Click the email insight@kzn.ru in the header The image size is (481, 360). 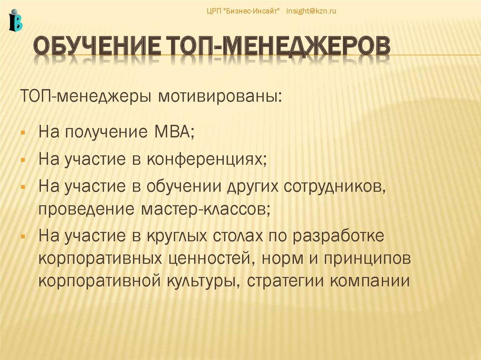pos(314,11)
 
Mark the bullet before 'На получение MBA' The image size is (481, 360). pos(23,133)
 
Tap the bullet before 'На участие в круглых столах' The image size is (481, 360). pos(23,236)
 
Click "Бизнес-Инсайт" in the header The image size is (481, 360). pos(254,11)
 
